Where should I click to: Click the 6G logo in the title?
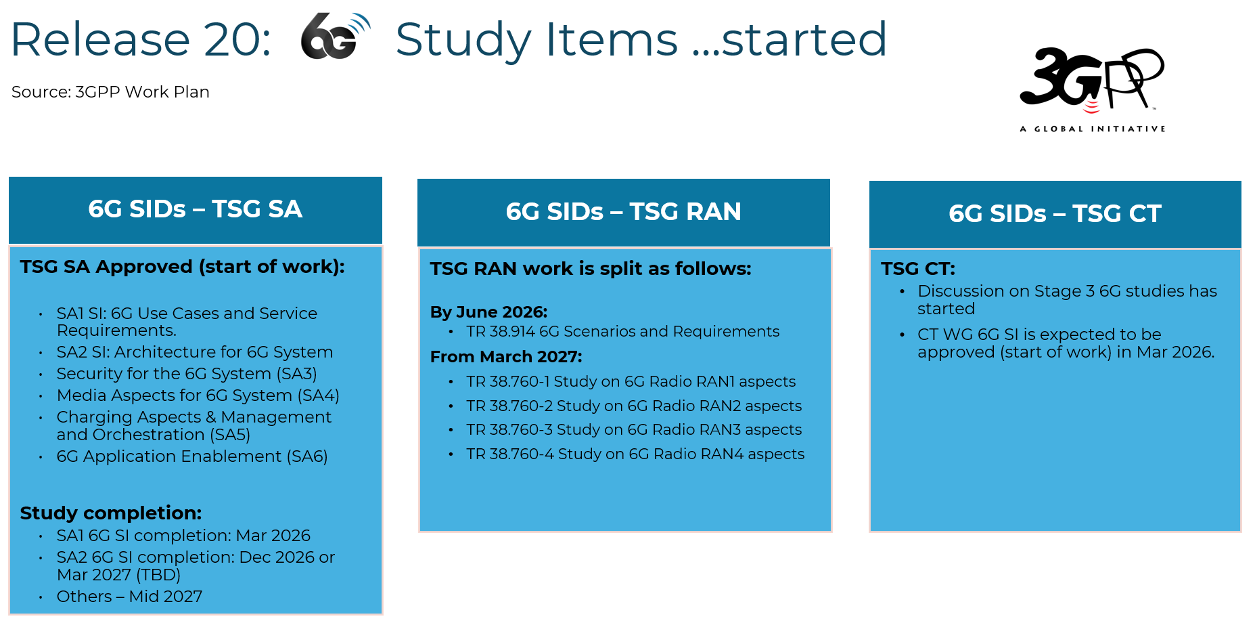pos(336,37)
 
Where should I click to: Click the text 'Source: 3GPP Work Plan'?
pos(110,92)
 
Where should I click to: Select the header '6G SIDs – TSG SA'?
pos(195,209)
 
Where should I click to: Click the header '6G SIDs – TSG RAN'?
pos(623,212)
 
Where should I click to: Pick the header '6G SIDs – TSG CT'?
pos(1055,214)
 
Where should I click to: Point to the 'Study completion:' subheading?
pos(111,513)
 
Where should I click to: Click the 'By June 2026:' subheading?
pos(488,312)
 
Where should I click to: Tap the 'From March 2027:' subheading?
pos(506,357)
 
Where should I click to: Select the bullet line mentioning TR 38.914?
pos(622,332)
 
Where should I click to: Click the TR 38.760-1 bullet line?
pos(631,382)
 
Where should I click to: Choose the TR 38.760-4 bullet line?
pos(635,454)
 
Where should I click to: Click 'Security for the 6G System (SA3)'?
pos(187,374)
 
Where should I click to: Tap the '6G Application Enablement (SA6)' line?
pos(192,456)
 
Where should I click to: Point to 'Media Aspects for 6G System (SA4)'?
pos(198,395)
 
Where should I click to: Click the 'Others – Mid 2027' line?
pos(129,597)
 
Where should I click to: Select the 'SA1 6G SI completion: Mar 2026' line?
pos(183,536)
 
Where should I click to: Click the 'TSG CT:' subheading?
pos(918,269)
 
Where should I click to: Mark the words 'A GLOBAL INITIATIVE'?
pos(1093,129)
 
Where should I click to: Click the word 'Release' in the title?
pos(100,39)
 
